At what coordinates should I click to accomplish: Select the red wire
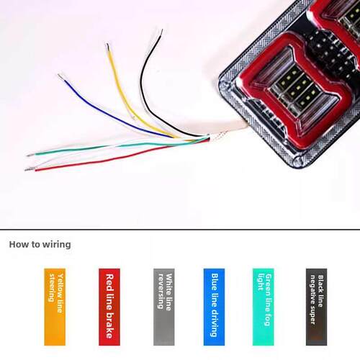[115, 158]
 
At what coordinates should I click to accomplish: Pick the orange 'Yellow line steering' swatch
[55, 307]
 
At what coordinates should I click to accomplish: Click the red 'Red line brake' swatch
[109, 307]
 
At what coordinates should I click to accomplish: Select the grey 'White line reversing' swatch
[164, 307]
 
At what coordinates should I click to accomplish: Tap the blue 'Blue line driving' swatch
[214, 307]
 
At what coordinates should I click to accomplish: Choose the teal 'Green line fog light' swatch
[264, 307]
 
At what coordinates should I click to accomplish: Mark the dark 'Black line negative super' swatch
[316, 307]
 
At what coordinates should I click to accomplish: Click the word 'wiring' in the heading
[57, 245]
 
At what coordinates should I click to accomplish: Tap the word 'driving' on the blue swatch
[214, 322]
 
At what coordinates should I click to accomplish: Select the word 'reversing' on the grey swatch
[161, 291]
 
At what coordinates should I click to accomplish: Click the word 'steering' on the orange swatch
[51, 288]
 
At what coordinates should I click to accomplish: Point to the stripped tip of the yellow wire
[108, 47]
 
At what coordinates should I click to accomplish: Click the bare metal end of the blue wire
[61, 77]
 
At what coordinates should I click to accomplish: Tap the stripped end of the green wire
[31, 155]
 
